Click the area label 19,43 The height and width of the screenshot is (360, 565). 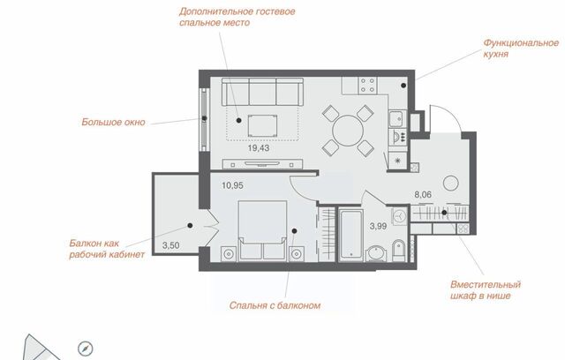coord(259,148)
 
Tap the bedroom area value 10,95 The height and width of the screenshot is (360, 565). coord(232,186)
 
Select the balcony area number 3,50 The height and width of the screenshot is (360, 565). coord(170,246)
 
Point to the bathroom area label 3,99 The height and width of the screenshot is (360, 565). coord(379,226)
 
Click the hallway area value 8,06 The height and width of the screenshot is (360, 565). coord(423,195)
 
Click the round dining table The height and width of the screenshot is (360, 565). coord(348,131)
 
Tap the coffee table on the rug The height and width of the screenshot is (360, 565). coord(263,125)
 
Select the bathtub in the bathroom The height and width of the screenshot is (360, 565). coord(351,235)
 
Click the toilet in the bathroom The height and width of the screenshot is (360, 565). coord(398,251)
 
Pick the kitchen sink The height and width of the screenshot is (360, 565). coord(397,118)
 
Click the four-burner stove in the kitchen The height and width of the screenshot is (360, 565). coord(367,86)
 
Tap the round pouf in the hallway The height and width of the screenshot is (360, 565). coord(451,184)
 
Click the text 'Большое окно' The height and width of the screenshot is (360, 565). coord(113,123)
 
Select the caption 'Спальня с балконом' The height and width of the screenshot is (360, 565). coord(275,305)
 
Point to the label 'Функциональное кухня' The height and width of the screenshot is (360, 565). coord(521,49)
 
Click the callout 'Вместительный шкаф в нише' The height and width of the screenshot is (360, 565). coord(486,290)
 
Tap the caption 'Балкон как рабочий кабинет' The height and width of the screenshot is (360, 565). coord(107,249)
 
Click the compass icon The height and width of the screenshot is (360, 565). coord(86,349)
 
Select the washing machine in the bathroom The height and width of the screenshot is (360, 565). coord(399,216)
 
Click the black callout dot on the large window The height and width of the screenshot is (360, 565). coord(204,118)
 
